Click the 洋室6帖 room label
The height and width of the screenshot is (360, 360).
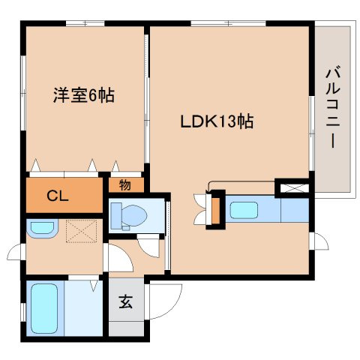pyautogui.click(x=84, y=95)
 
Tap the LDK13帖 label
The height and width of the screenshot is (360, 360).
pyautogui.click(x=217, y=121)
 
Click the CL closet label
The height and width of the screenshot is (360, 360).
pyautogui.click(x=58, y=196)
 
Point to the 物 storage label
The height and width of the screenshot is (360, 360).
pyautogui.click(x=125, y=185)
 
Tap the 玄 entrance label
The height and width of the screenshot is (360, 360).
pyautogui.click(x=125, y=301)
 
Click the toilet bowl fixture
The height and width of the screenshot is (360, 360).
pyautogui.click(x=129, y=215)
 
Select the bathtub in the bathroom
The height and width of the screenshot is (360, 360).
pyautogui.click(x=44, y=308)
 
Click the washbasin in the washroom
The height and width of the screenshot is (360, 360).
pyautogui.click(x=42, y=228)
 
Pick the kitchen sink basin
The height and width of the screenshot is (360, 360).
pyautogui.click(x=244, y=210)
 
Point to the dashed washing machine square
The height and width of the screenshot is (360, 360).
pyautogui.click(x=82, y=231)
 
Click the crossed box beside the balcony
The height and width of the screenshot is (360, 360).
pyautogui.click(x=294, y=188)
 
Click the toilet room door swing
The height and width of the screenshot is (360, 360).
pyautogui.click(x=149, y=247)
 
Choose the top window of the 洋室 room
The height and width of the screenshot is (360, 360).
pyautogui.click(x=85, y=23)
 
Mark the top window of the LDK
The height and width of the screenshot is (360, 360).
pyautogui.click(x=228, y=23)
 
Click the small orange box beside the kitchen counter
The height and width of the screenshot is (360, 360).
pyautogui.click(x=215, y=211)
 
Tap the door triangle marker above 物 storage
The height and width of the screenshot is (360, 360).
pyautogui.click(x=115, y=166)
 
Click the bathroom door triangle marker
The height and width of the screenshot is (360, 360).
pyautogui.click(x=94, y=286)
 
